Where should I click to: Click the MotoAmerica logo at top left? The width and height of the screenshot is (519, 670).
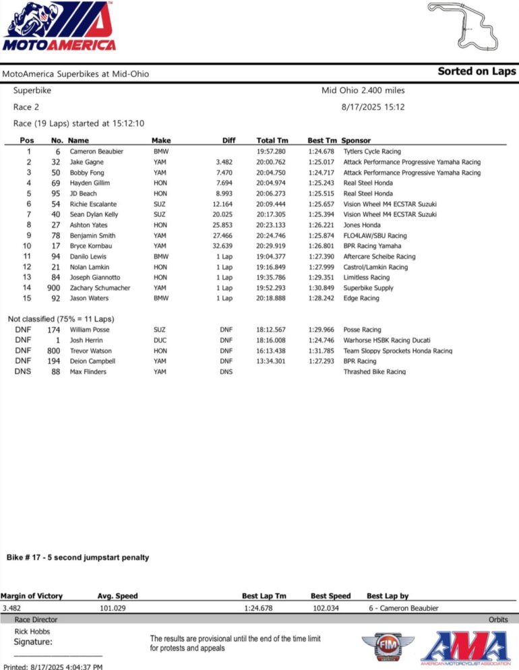pos(59,27)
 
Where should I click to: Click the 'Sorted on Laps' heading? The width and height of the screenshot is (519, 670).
pos(477,71)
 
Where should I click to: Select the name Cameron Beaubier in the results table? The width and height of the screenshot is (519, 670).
pos(96,152)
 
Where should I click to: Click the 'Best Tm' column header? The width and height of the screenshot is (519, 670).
pos(322,140)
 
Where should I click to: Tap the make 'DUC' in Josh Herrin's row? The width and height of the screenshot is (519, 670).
pos(160,340)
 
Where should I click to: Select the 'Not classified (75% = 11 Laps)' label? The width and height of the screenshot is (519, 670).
pos(61,319)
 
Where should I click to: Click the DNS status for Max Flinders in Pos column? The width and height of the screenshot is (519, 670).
pos(23,371)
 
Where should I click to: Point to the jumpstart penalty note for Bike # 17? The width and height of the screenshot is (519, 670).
pos(78,557)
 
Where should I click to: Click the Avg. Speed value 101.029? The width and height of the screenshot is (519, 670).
pos(114,608)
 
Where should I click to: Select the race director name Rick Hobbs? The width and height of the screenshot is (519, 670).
pos(32,631)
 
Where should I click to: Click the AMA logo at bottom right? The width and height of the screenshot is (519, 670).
pos(465,648)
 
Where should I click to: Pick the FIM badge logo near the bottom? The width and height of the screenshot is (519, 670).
pos(388,648)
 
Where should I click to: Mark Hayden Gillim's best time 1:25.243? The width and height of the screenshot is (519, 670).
pos(322,183)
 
